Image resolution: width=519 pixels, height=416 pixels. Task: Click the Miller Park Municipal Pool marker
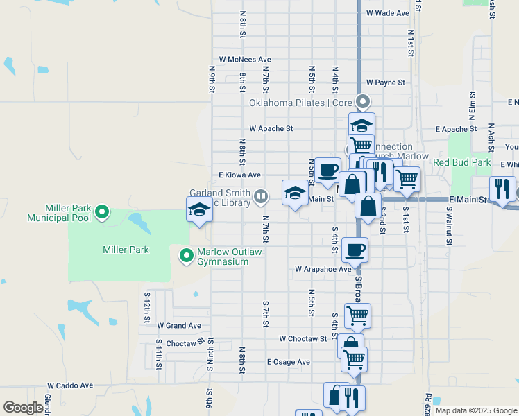click(x=102, y=211)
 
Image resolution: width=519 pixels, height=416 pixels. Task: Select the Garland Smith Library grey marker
click(x=260, y=196)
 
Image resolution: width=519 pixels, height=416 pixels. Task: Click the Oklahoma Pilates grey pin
click(x=362, y=103)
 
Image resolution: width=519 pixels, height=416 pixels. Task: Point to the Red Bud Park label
click(x=461, y=163)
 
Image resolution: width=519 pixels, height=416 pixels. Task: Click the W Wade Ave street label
click(x=388, y=13)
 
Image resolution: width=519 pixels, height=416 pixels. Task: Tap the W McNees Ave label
click(x=244, y=60)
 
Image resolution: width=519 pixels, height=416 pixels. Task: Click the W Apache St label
click(x=271, y=129)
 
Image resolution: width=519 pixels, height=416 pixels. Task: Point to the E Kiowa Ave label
click(x=239, y=175)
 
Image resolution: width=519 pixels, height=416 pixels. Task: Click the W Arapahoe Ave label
click(x=323, y=268)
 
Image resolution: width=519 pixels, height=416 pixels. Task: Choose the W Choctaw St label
click(x=303, y=338)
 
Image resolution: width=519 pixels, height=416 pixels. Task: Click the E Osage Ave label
click(x=288, y=362)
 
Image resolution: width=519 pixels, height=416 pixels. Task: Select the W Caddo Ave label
click(x=70, y=385)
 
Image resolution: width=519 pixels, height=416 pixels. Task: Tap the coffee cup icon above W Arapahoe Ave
click(x=355, y=250)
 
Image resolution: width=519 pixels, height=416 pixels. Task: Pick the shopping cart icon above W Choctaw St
click(x=357, y=315)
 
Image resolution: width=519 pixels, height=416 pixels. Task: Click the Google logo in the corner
click(x=23, y=408)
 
